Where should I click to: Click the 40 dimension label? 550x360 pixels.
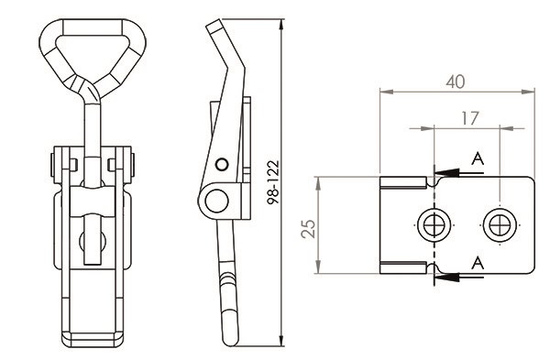456,82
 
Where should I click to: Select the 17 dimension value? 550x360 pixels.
469,118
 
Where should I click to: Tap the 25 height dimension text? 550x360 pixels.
309,229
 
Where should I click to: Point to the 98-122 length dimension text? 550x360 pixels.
273,182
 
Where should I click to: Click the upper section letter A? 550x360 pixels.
478,158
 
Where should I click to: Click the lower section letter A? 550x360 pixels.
478,263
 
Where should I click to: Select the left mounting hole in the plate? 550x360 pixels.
434,225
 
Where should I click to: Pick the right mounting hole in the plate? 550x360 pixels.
500,225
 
